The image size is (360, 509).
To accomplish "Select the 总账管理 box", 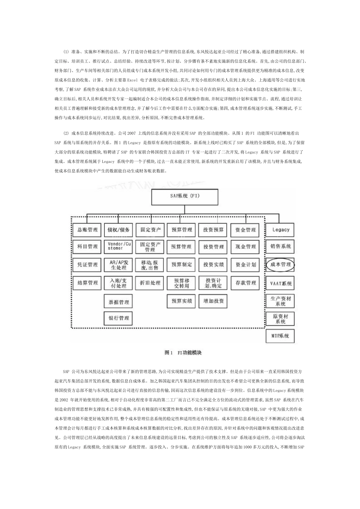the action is point(88,230).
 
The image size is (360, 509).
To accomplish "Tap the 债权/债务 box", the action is point(118,230).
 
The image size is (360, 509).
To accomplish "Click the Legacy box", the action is point(280,230).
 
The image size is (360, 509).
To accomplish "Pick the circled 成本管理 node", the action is point(280,264).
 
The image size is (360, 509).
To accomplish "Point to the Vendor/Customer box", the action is point(118,247).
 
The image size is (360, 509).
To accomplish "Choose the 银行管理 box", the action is point(118,318).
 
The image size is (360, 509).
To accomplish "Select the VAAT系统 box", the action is point(280,283).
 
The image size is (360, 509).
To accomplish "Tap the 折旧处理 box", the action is point(150,283).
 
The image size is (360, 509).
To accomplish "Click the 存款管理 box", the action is point(246,283).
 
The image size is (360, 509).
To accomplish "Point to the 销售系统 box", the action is point(280,246).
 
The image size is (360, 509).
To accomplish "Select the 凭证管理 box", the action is point(88,265).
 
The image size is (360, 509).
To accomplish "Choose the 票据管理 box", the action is point(118,302).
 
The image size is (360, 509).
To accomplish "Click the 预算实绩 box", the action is point(182,301).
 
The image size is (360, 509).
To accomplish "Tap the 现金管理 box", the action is point(246,247).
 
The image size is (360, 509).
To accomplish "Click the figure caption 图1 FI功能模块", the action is point(183,353).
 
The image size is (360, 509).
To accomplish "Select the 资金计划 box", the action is point(246,265).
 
